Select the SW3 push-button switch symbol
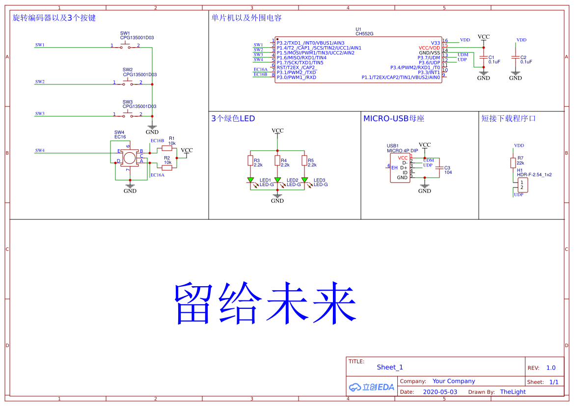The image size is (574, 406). [127, 115]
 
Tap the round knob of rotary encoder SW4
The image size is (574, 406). [129, 158]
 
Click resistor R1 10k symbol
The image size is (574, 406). [167, 147]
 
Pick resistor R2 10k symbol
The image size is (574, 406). [167, 167]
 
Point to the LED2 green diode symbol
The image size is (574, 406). [277, 181]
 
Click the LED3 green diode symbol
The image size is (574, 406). [304, 181]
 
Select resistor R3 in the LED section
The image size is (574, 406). [250, 161]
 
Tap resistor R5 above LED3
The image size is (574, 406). [304, 161]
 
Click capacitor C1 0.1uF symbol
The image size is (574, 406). [484, 58]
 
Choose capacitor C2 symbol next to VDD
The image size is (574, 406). [515, 58]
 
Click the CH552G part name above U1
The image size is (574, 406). [364, 34]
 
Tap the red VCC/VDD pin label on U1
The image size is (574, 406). [429, 48]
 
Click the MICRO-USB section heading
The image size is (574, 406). [393, 119]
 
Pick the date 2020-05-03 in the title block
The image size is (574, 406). [439, 392]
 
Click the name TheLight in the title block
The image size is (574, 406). [513, 392]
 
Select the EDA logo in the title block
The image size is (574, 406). [372, 387]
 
